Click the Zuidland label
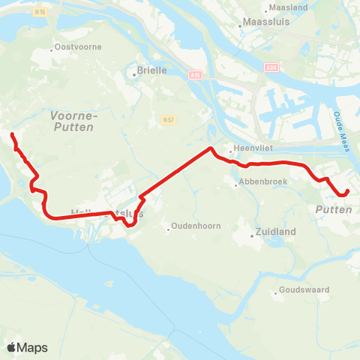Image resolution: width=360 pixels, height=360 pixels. (273, 232)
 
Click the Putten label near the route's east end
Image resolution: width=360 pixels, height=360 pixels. (334, 209)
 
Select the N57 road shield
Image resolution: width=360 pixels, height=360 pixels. (167, 119)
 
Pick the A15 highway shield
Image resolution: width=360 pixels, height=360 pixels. (195, 75)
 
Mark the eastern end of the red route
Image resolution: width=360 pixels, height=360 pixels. (348, 191)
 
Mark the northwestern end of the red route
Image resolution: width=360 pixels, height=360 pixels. (12, 134)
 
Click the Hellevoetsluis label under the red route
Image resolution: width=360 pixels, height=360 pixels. (105, 214)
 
